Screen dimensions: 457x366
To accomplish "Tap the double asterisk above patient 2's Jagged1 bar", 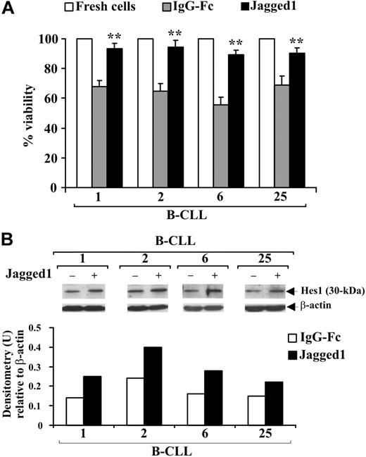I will coord(175,33).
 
